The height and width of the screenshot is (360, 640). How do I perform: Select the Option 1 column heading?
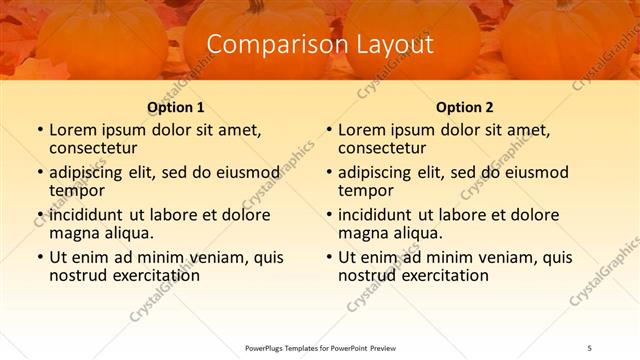coord(176,107)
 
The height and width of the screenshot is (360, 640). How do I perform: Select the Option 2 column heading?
coord(465,107)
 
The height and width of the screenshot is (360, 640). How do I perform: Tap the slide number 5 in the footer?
coord(591,346)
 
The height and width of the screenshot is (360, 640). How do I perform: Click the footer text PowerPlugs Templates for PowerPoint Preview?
coord(320,346)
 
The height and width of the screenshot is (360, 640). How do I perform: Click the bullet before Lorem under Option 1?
coord(39,130)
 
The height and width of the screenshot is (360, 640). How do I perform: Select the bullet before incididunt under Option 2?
coord(328,215)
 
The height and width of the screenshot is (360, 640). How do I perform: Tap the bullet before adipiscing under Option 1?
coord(39,173)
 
